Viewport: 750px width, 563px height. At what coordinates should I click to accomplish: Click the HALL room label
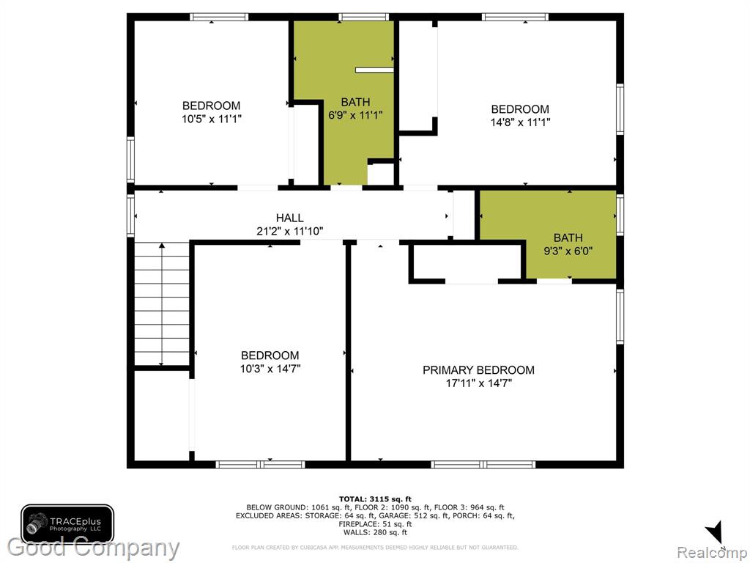[289, 218]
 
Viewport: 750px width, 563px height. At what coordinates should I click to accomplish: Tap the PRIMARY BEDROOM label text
[478, 370]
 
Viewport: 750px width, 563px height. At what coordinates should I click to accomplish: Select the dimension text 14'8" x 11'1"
[520, 122]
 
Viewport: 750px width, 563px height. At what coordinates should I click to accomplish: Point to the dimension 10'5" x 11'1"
[212, 119]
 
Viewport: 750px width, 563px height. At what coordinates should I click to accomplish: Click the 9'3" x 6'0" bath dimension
[568, 251]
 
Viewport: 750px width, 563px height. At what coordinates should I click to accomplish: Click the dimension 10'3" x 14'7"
[270, 369]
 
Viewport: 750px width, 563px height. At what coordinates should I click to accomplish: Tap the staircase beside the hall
[162, 303]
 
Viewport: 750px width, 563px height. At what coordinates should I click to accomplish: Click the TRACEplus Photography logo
[67, 523]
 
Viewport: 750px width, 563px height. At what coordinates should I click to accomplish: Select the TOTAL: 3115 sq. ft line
[375, 499]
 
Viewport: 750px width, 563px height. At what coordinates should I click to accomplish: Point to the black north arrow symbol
[714, 532]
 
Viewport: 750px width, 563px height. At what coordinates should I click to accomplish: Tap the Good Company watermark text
[93, 548]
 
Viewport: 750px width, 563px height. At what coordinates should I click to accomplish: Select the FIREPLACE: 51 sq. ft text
[375, 523]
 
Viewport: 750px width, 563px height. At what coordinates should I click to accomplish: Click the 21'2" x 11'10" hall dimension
[290, 231]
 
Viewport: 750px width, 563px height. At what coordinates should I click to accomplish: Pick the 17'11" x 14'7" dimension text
[479, 383]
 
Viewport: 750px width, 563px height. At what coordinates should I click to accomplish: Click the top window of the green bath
[363, 18]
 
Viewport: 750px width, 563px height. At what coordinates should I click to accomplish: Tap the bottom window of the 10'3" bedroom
[260, 464]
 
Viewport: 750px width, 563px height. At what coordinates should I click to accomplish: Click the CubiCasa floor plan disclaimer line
[375, 547]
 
